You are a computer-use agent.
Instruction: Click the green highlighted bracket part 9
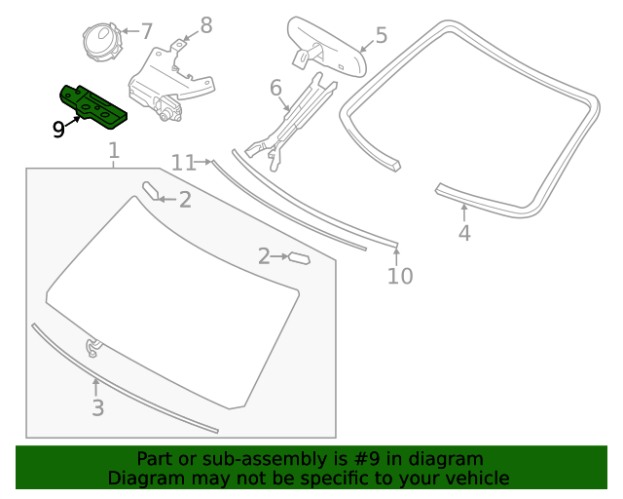93,105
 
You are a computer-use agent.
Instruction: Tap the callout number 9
59,129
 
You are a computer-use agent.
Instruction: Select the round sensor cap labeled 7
101,42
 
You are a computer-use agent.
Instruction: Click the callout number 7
146,31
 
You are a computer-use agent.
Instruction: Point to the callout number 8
205,24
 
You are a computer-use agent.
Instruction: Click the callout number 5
381,36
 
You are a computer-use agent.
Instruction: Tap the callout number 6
275,90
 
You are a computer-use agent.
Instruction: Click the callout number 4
464,233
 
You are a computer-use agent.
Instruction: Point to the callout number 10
400,276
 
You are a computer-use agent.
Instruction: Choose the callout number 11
183,163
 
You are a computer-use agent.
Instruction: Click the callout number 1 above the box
114,150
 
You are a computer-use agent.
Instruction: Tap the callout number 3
97,408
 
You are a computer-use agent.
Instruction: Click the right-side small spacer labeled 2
298,258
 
